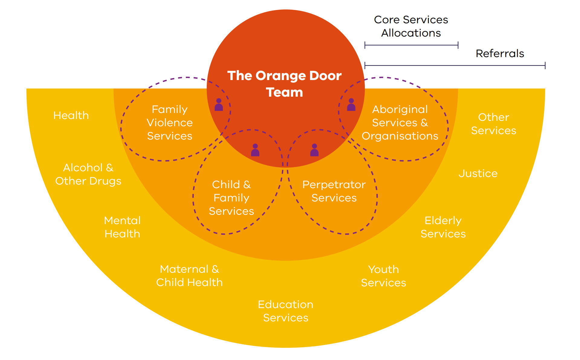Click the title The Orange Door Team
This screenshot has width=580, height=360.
(x=284, y=84)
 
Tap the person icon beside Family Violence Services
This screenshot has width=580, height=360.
(x=219, y=105)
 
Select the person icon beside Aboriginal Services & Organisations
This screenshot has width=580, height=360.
(x=351, y=105)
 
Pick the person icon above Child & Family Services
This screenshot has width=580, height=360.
(x=255, y=150)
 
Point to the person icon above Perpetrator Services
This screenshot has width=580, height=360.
(x=314, y=150)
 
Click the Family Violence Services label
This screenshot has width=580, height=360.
(x=170, y=123)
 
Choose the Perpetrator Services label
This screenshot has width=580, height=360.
(x=334, y=191)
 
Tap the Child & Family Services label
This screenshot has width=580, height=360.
(x=231, y=198)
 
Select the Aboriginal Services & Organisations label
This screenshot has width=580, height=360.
(x=400, y=123)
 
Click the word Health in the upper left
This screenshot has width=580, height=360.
(x=71, y=115)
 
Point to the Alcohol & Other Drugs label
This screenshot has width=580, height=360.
(x=88, y=174)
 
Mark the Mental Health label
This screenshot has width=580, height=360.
(x=122, y=227)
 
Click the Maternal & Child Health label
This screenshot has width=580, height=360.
(x=190, y=276)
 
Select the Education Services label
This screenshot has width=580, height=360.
(x=286, y=311)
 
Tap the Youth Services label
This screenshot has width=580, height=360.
(x=384, y=276)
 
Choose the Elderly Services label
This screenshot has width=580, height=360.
(x=443, y=227)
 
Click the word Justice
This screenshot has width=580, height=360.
(x=478, y=173)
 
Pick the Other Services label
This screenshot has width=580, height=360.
(x=494, y=124)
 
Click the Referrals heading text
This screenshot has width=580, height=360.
(x=500, y=53)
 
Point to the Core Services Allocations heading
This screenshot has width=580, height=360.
(x=411, y=26)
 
